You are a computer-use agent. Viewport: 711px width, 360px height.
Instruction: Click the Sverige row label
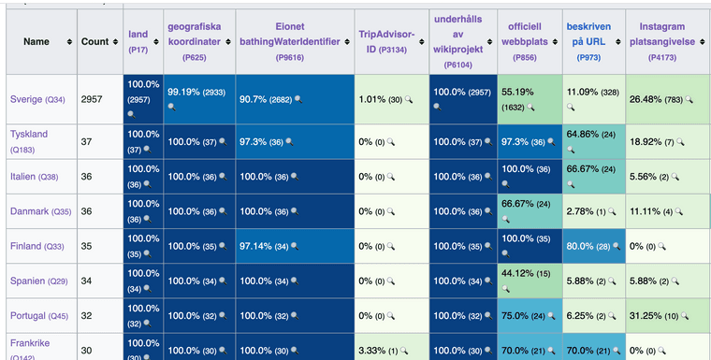click(x=25, y=99)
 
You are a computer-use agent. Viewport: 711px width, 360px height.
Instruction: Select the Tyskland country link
click(x=28, y=134)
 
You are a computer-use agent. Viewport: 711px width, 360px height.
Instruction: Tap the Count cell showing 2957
click(x=91, y=99)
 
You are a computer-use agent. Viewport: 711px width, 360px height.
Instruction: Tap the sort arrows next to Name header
click(x=69, y=42)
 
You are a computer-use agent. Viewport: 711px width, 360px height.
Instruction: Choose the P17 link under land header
click(x=138, y=49)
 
